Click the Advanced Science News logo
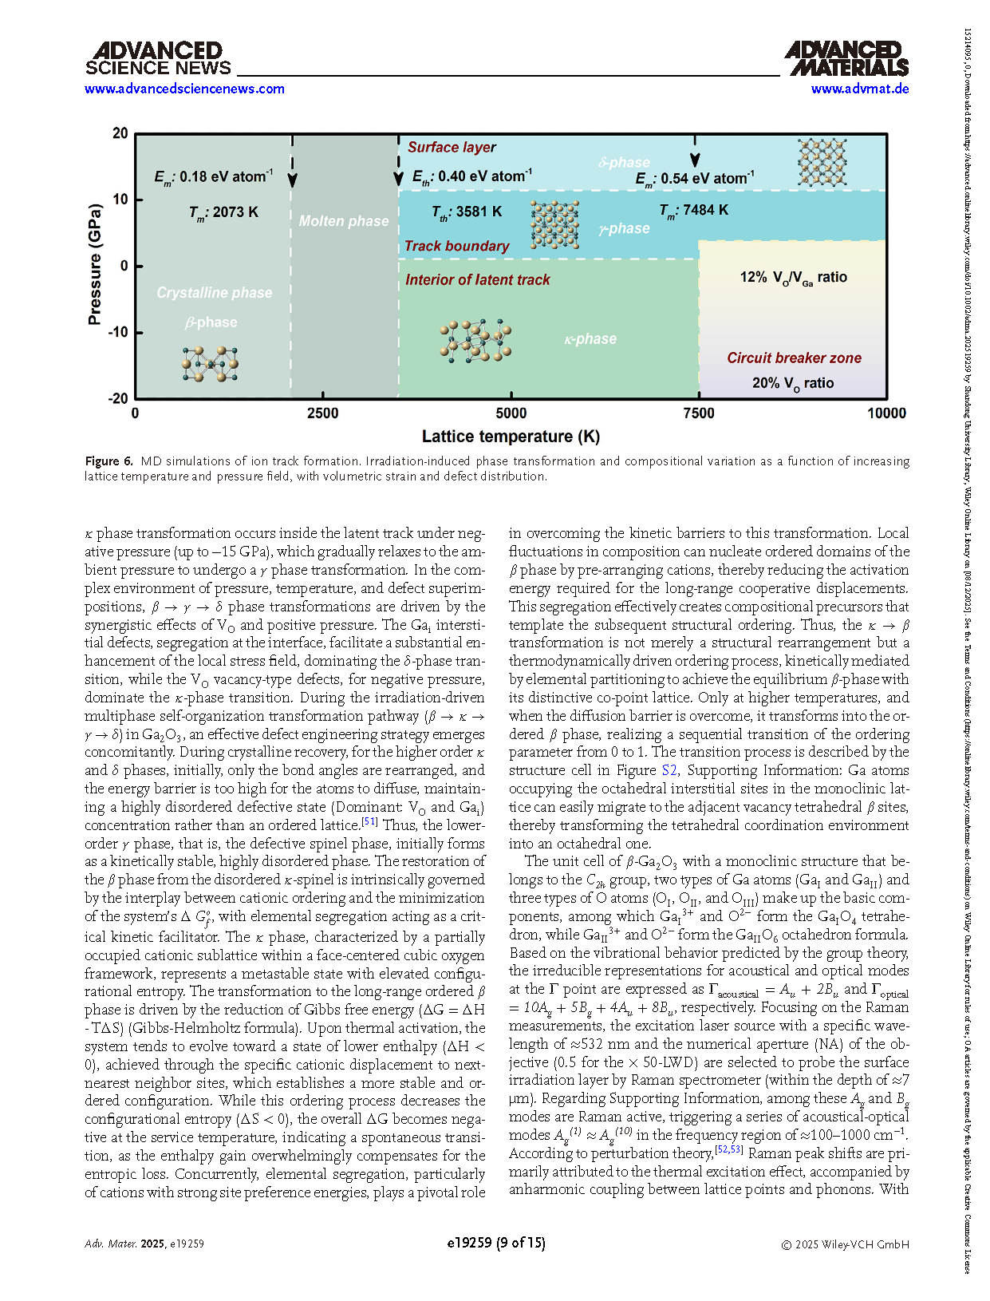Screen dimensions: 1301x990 coord(158,59)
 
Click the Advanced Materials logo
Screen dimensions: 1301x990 coord(846,59)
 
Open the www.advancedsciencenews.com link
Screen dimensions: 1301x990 coord(184,89)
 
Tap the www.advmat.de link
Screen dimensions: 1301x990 coord(860,89)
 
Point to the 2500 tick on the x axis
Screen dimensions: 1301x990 coord(323,413)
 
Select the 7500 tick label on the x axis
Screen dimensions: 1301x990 coord(699,413)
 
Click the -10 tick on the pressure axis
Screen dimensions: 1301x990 coord(118,332)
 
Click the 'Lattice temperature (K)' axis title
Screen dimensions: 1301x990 coord(511,437)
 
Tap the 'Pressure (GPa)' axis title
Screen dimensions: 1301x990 coord(95,265)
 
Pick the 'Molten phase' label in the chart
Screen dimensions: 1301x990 coord(344,221)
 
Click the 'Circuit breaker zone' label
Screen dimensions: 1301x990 coord(794,358)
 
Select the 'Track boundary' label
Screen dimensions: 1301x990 coord(456,246)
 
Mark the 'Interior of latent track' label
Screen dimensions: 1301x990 coord(477,280)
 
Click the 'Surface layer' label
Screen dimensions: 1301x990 coord(452,147)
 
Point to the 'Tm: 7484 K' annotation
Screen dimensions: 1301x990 coord(693,211)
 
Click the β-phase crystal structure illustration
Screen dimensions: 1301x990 coord(210,364)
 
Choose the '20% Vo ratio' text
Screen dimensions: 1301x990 coord(792,384)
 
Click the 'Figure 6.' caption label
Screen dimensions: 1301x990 coord(109,461)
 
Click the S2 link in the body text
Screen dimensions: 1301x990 coord(669,770)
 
